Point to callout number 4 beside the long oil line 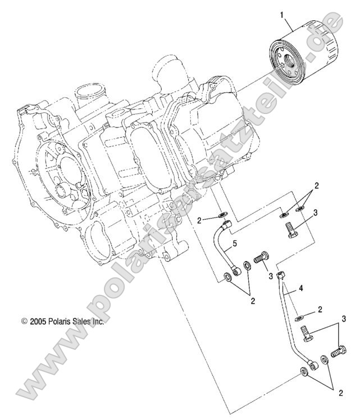point(302,289)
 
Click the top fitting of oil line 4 point(282,274)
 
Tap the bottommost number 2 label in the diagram point(341,393)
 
